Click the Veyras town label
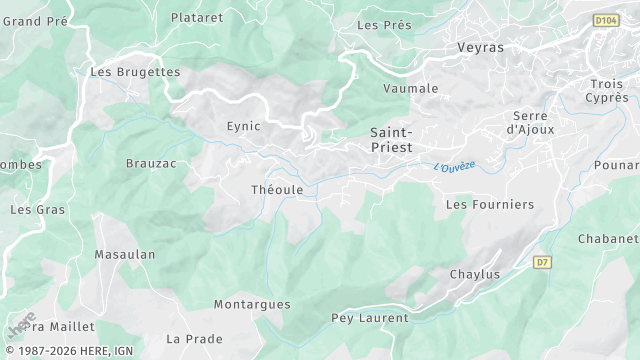(480, 47)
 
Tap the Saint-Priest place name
(391, 139)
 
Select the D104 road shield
(606, 19)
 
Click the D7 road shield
(542, 262)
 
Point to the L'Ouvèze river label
(455, 166)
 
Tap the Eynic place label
(243, 126)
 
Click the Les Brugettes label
(135, 72)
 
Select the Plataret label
(197, 17)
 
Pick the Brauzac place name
(150, 162)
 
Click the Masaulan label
(125, 254)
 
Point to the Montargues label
(252, 304)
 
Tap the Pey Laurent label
(369, 318)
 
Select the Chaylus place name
(474, 274)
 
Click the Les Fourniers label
(490, 204)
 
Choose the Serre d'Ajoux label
(530, 122)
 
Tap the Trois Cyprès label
(607, 91)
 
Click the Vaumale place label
(411, 88)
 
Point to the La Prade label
(194, 338)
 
